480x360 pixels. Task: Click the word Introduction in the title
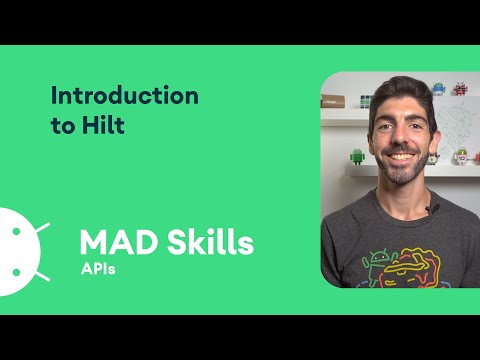[125, 96]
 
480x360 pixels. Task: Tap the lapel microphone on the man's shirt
[431, 209]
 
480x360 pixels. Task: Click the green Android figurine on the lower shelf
[357, 157]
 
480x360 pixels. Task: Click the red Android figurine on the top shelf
[460, 90]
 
